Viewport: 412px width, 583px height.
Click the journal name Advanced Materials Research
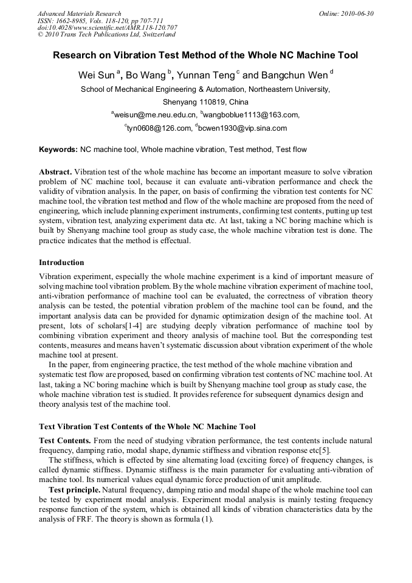79,13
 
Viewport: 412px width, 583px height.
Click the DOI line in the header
108,28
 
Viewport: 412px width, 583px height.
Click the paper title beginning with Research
205,55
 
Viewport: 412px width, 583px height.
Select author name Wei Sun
96,76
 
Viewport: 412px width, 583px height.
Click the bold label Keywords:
58,149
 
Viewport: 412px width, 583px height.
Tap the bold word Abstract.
55,172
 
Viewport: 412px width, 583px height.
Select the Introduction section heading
61,263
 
